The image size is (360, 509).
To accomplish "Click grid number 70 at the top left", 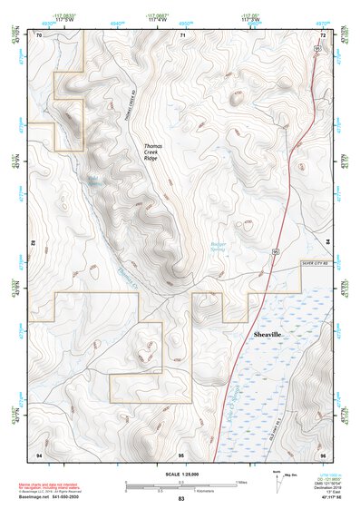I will coord(39,34).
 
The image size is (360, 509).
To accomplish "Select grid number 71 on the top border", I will coord(182,34).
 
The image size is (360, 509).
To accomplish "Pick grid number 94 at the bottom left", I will coord(39,453).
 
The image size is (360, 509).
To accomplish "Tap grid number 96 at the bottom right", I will coord(322,453).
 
